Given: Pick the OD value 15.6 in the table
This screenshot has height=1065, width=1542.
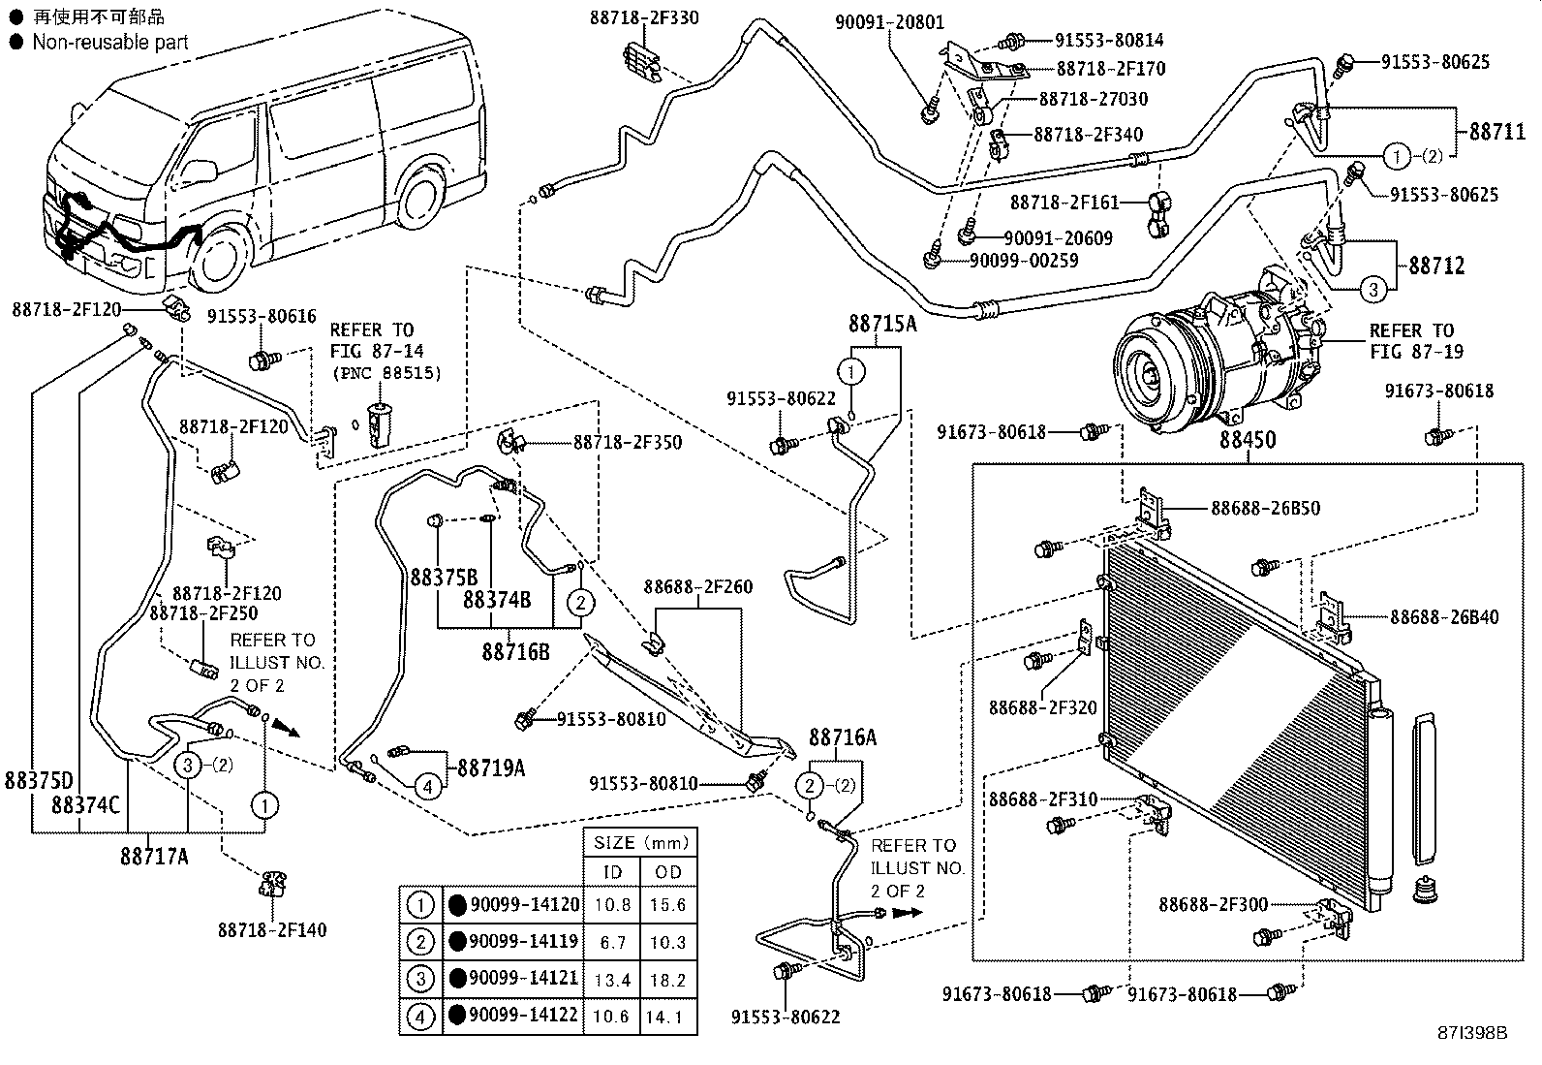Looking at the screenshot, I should [667, 904].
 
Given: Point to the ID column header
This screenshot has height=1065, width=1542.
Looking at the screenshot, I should [612, 872].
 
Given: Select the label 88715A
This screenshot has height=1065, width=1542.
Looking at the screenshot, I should [882, 323].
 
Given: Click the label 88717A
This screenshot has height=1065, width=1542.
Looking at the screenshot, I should [155, 856].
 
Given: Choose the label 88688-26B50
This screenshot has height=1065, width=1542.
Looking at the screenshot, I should [1265, 508].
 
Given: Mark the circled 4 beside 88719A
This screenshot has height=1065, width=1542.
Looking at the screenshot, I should [428, 786].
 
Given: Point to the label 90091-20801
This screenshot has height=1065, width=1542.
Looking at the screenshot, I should [890, 22].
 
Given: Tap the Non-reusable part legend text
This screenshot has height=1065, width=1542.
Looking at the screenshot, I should [110, 42].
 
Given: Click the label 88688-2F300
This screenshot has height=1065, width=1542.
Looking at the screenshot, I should [1213, 904].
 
